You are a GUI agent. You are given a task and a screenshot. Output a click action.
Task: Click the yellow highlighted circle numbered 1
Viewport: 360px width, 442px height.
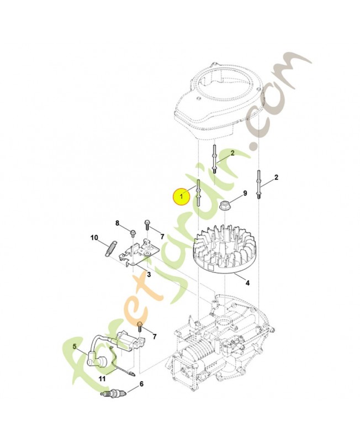tap(182, 196)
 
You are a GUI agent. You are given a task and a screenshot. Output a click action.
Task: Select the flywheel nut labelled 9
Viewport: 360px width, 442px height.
tap(225, 204)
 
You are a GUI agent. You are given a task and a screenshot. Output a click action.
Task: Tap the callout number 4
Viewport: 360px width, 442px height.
tap(247, 282)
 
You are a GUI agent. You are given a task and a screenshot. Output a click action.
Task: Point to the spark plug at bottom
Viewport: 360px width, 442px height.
tap(112, 394)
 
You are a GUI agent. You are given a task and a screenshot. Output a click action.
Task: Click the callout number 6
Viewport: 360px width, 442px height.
tap(142, 384)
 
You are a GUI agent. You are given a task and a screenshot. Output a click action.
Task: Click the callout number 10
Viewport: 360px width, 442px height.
tap(94, 238)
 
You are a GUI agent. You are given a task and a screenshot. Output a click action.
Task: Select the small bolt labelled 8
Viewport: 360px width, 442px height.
tap(133, 234)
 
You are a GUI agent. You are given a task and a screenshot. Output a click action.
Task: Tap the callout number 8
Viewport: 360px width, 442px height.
tap(118, 223)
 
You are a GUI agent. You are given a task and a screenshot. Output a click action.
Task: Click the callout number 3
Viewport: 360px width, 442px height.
tap(149, 274)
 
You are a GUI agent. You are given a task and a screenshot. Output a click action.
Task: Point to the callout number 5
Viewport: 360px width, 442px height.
tap(75, 346)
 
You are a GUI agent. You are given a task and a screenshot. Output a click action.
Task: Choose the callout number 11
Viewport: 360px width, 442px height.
tap(102, 378)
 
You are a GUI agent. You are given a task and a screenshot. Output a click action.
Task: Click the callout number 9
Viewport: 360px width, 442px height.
tap(245, 193)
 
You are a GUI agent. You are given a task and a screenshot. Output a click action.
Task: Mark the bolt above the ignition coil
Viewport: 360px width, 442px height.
tap(140, 327)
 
